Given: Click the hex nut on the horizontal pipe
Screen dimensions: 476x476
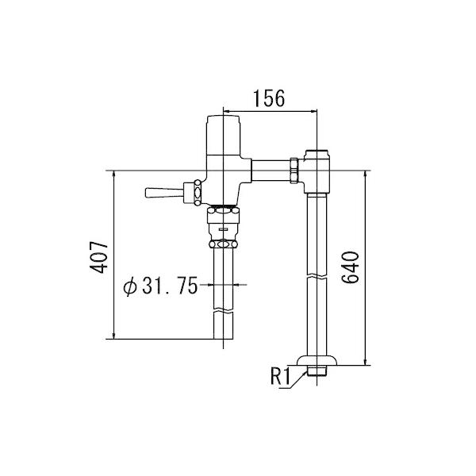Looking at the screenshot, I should tap(295, 171).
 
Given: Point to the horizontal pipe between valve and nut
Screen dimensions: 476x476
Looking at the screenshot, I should tap(270, 171).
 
